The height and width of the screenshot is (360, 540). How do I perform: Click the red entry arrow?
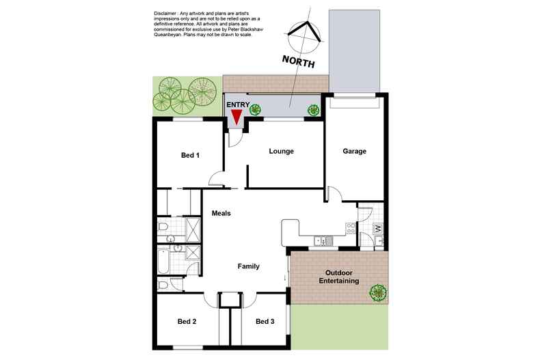point(237,117)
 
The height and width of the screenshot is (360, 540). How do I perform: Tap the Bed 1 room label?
point(190,155)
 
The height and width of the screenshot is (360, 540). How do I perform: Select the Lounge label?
point(282,151)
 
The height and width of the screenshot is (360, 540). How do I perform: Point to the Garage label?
point(354,151)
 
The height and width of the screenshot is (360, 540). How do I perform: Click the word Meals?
point(221,213)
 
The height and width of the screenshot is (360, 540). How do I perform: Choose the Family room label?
point(249,266)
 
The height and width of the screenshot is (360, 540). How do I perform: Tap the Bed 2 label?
point(187,322)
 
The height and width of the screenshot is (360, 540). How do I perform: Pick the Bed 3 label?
point(265,322)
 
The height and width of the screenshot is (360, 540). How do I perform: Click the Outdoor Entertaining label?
point(339,277)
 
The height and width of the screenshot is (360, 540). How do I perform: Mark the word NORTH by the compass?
point(298,61)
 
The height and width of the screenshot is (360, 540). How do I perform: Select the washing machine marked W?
point(378,229)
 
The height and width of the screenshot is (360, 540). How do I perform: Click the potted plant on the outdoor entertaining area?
point(378,293)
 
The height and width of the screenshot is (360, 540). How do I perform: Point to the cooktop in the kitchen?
point(351,229)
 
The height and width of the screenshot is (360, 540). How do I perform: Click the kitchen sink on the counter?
point(321,241)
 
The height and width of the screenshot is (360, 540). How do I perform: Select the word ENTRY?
point(238,105)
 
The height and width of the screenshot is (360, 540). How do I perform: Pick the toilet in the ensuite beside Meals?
point(163,227)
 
